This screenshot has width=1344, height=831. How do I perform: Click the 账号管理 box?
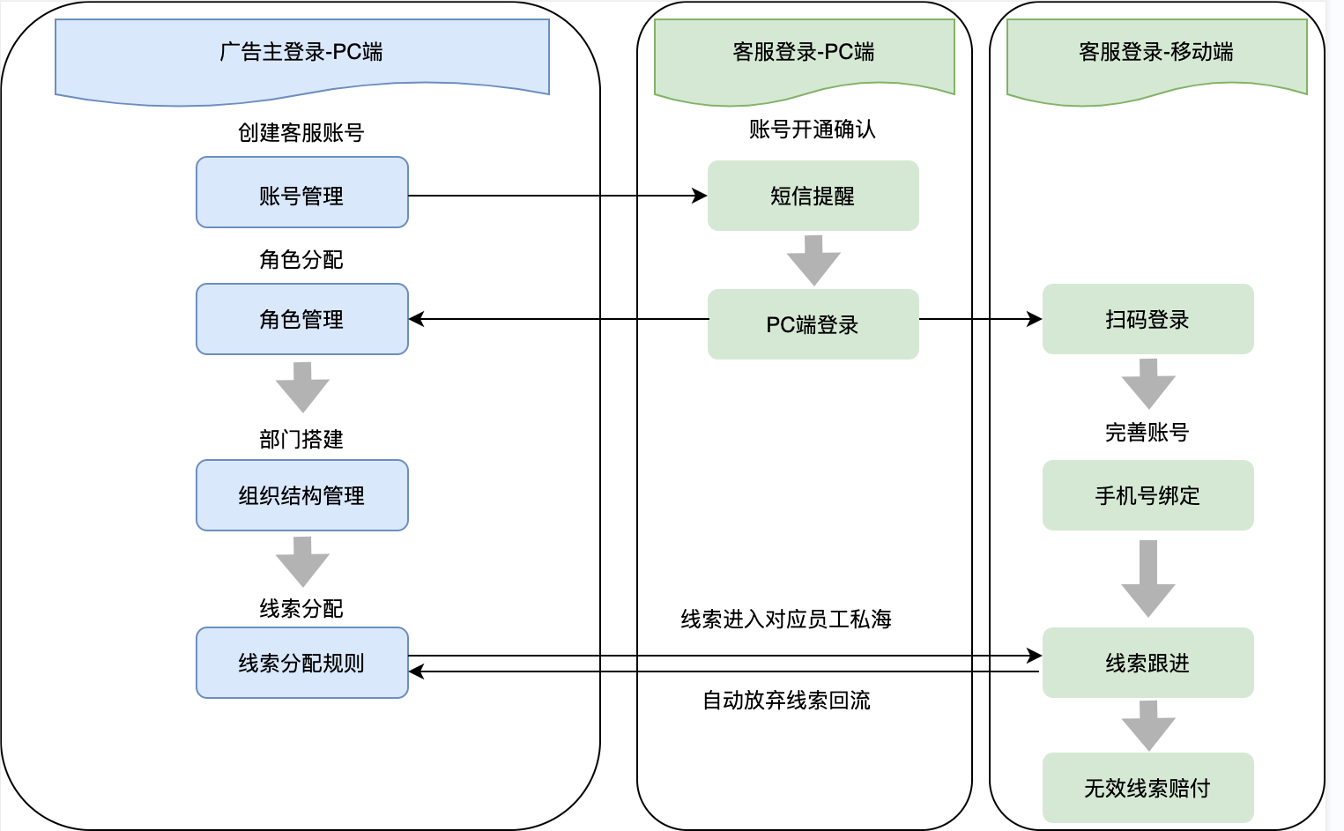301,193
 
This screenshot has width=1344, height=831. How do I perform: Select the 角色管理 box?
301,319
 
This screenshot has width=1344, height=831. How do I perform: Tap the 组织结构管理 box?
301,495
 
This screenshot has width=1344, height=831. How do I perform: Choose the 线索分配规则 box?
301,663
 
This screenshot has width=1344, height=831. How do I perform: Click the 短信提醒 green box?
813,196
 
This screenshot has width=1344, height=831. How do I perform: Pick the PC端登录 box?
813,324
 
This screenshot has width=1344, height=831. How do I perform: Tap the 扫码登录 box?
1147,319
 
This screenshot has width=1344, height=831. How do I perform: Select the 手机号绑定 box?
1147,495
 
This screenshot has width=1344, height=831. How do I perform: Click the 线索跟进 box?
1147,663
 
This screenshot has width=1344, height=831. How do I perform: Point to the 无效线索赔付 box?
1147,788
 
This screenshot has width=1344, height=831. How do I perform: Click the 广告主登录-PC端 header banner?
301,53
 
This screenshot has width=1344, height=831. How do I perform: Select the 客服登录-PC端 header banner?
804,53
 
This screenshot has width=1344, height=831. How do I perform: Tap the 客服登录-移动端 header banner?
1156,53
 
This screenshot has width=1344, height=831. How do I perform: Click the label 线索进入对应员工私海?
786,620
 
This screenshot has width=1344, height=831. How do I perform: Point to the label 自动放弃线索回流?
786,701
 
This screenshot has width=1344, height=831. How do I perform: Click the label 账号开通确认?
813,130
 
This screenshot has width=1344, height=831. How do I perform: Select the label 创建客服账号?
301,133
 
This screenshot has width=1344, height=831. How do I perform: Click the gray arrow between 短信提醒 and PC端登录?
813,260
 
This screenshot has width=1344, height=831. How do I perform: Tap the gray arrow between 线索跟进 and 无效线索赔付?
1148,725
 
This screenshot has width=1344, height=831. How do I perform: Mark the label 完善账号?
1147,433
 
